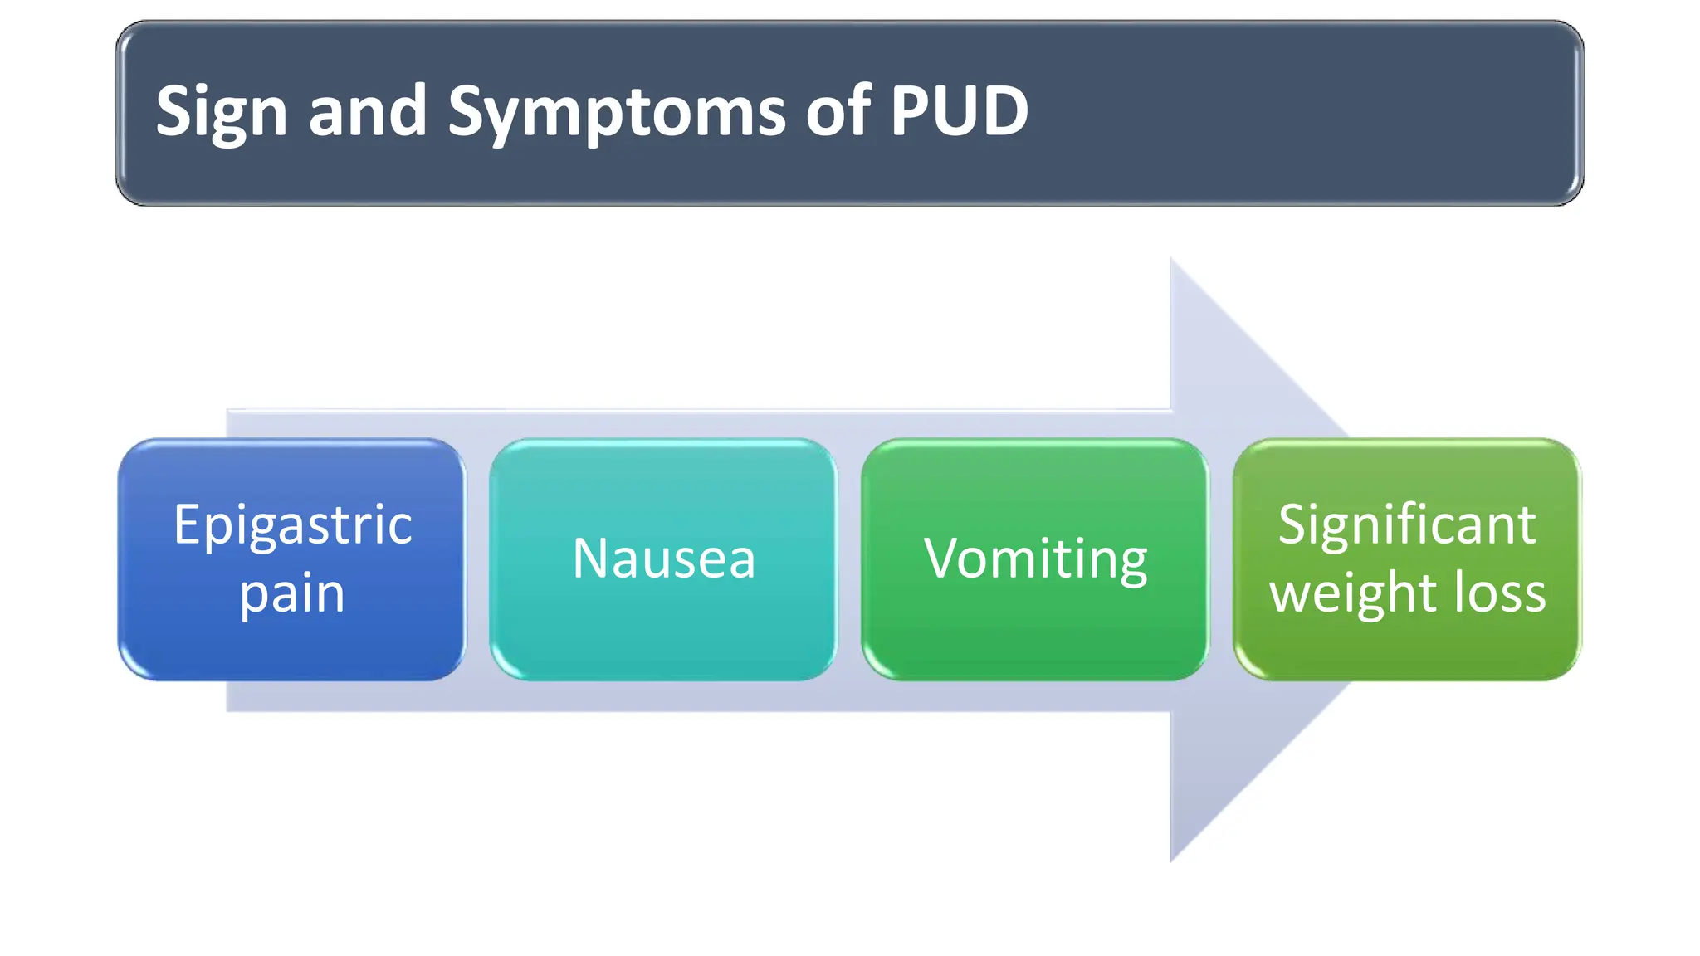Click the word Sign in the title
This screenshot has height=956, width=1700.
221,113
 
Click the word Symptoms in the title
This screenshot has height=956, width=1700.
616,113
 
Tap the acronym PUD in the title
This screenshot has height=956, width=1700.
959,111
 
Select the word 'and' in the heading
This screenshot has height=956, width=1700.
367,111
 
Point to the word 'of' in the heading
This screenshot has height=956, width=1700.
838,111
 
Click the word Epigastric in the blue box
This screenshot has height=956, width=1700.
292,525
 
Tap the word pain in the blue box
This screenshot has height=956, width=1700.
292,594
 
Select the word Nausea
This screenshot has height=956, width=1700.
664,558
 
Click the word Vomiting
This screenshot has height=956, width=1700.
1035,558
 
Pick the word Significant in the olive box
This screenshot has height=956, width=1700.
1407,525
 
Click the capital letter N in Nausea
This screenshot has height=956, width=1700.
591,558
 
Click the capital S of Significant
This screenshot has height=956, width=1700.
1292,525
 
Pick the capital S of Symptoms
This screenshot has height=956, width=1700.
467,111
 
